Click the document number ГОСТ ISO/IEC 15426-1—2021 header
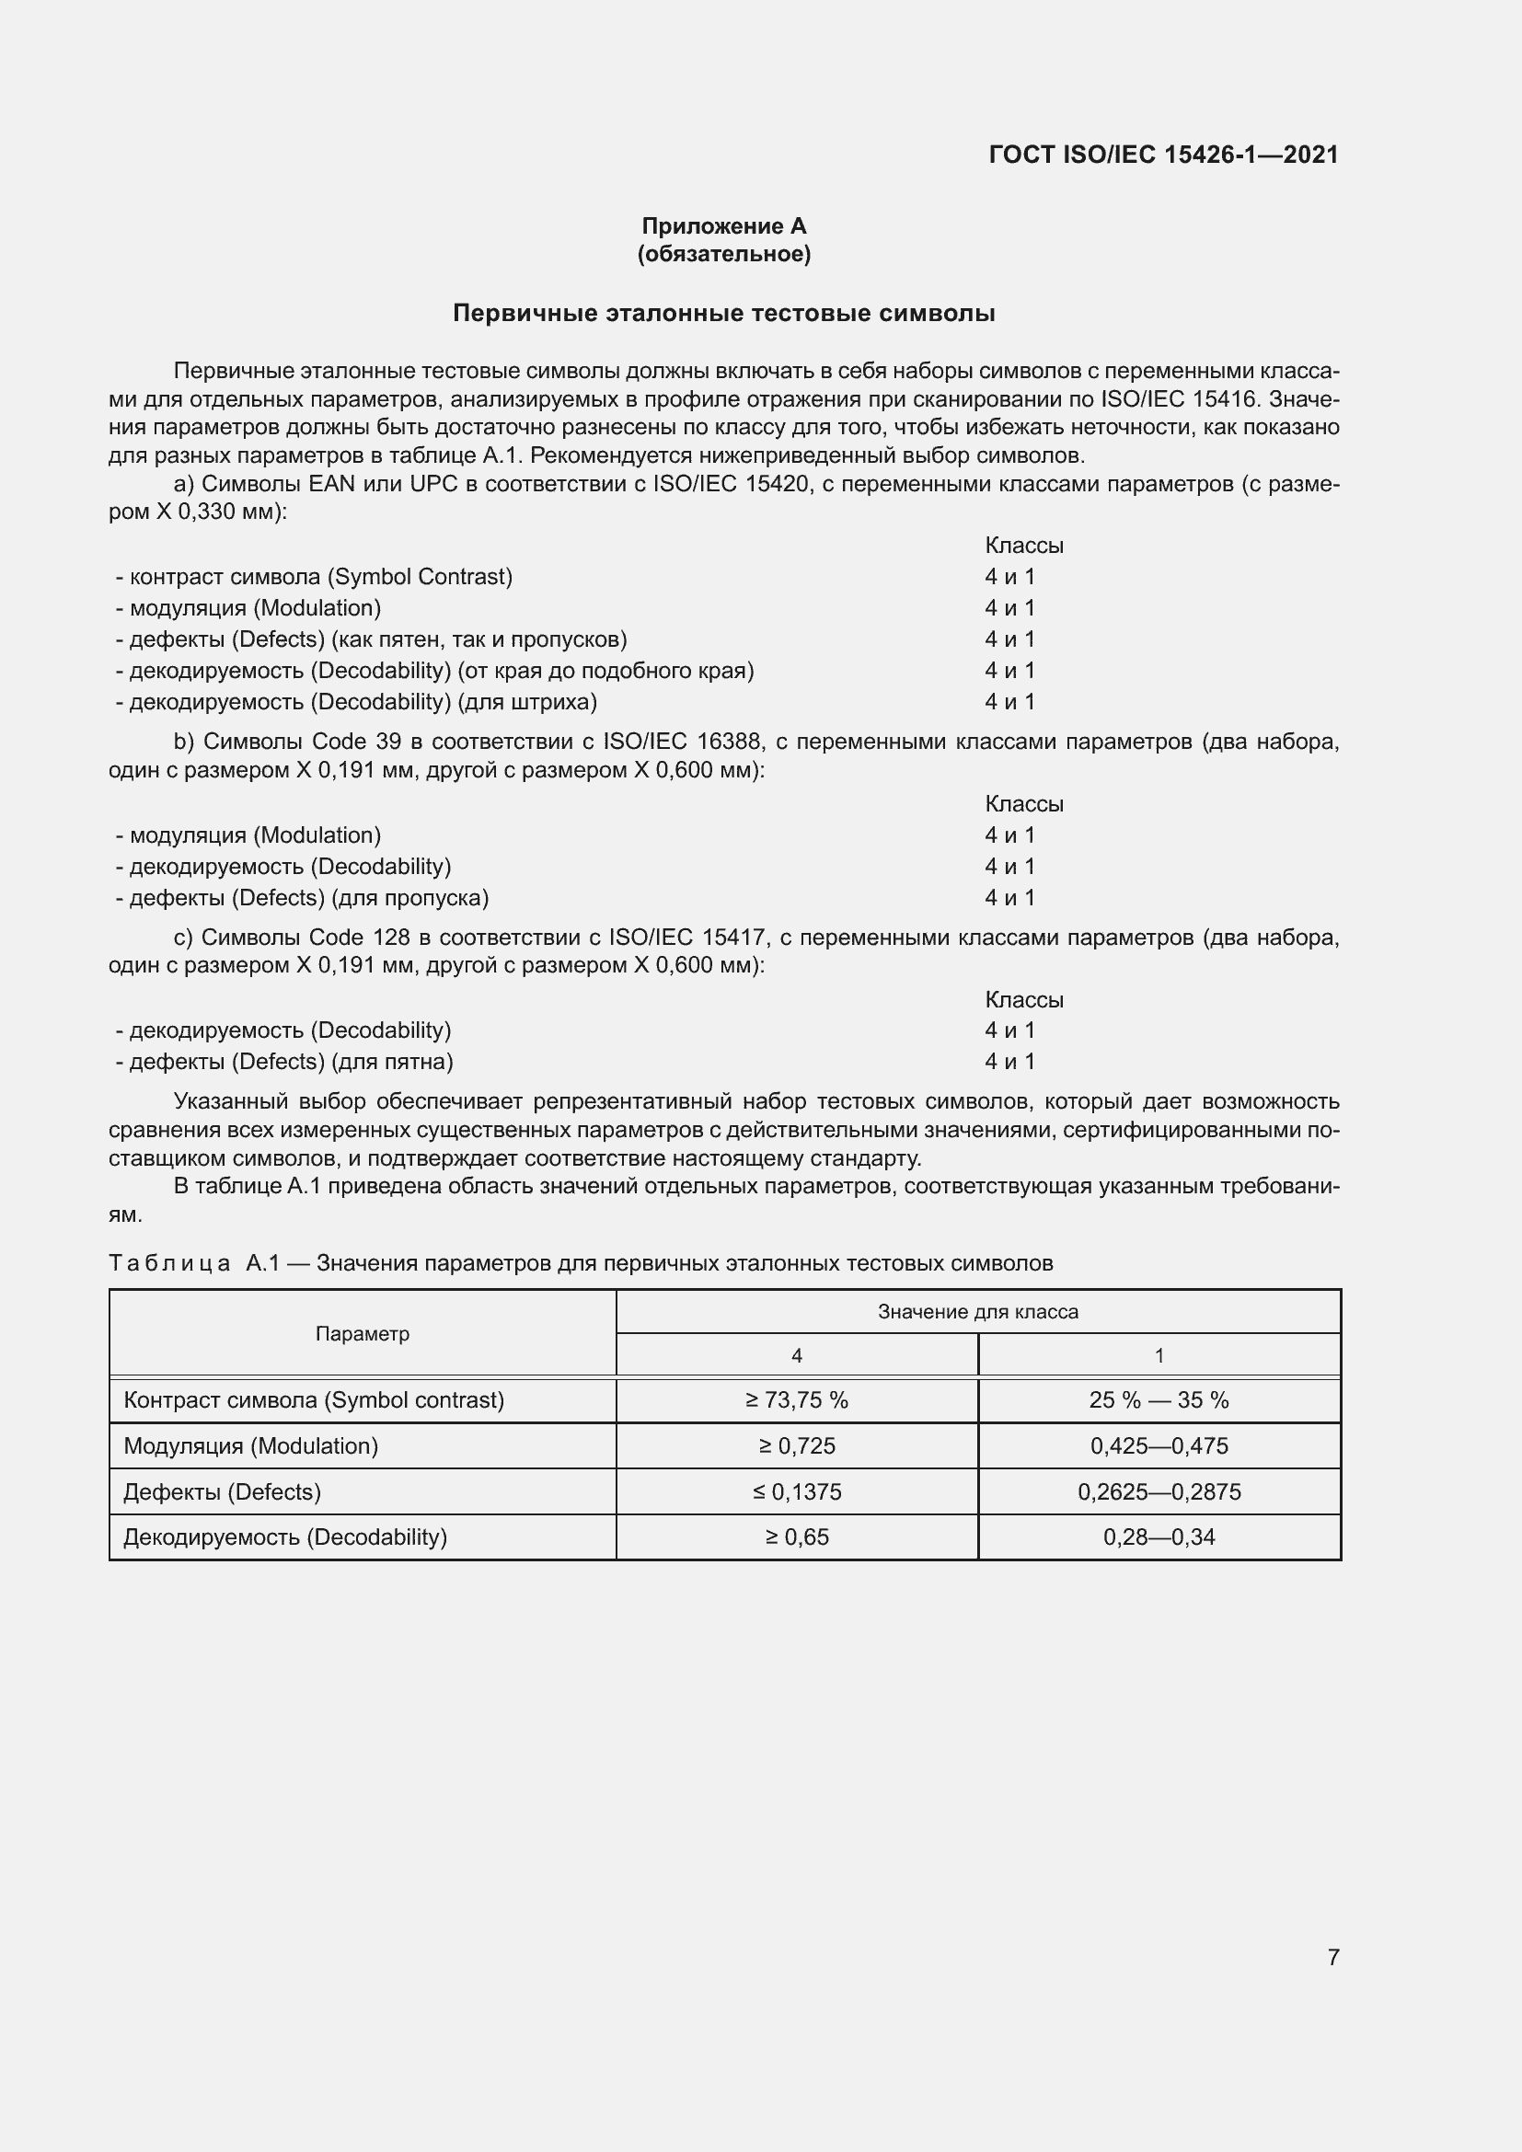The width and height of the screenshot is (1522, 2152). pos(1163,155)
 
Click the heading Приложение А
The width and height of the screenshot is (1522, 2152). pos(723,226)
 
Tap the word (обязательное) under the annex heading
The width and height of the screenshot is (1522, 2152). pos(723,254)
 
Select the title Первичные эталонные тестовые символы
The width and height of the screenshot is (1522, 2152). pos(723,313)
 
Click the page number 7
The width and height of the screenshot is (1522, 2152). pos(1332,1957)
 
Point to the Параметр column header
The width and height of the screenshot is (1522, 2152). pos(362,1333)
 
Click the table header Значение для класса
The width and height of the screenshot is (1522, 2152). pos(977,1311)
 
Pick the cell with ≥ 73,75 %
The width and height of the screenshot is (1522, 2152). pos(797,1399)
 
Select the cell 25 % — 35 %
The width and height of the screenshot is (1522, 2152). pos(1159,1399)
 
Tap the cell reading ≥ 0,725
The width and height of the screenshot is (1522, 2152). pos(797,1445)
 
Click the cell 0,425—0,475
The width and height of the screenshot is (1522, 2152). pos(1159,1445)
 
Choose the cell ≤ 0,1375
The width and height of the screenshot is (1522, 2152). pos(797,1491)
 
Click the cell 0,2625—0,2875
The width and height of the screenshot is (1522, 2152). pos(1159,1491)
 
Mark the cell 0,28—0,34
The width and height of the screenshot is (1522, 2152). pos(1159,1537)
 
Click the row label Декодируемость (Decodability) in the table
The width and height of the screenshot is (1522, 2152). pos(285,1537)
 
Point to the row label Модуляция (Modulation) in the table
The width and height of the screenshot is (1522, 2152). pos(250,1445)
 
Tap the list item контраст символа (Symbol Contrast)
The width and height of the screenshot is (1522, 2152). pos(314,577)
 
